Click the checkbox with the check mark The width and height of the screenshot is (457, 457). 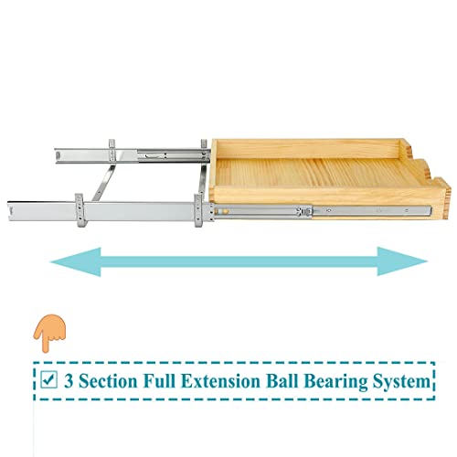(x=48, y=379)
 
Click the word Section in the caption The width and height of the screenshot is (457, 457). (x=108, y=381)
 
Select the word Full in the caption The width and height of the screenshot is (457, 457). (x=159, y=381)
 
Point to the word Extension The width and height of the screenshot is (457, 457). (x=220, y=381)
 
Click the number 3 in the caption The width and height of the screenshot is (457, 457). (x=69, y=381)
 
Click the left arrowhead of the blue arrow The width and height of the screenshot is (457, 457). (x=76, y=261)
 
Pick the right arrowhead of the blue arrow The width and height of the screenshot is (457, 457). (x=402, y=261)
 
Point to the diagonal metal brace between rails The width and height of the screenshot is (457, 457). (x=103, y=183)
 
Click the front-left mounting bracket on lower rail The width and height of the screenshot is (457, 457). (x=80, y=210)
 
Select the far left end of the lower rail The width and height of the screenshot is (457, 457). (x=9, y=210)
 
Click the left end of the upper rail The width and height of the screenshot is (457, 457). (x=57, y=155)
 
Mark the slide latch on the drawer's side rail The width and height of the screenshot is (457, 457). (x=305, y=211)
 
